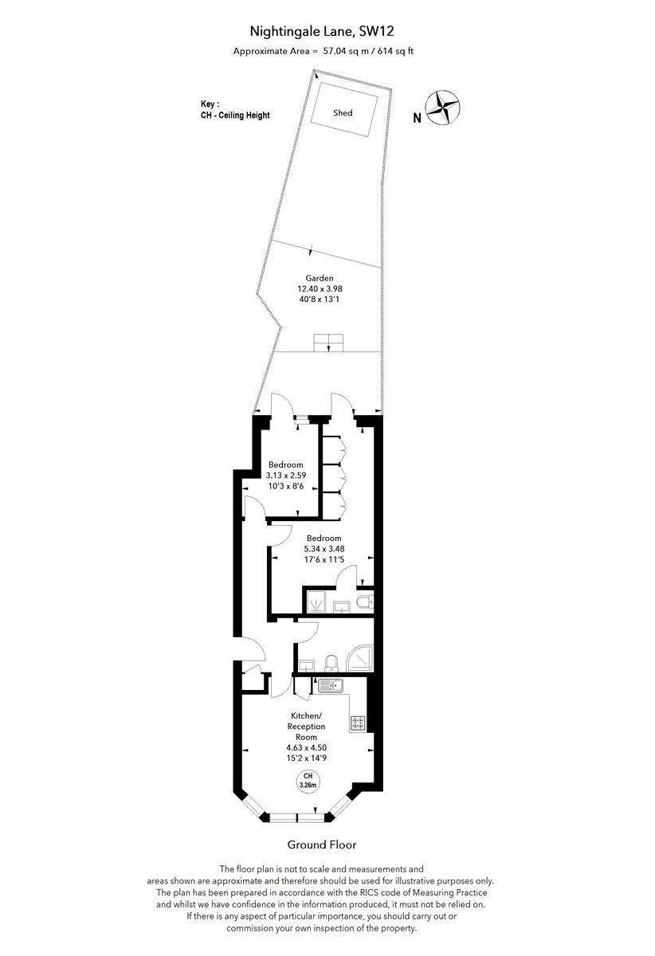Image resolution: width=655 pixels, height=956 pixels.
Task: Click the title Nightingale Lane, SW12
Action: (321, 32)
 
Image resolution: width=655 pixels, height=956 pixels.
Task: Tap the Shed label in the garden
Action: (343, 113)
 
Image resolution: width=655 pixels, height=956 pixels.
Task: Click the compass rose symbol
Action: (444, 108)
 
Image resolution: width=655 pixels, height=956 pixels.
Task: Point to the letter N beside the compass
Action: (418, 118)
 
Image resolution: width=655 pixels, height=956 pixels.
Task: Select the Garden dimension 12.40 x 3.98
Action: (320, 288)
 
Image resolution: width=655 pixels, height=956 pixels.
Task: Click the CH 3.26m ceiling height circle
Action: (308, 781)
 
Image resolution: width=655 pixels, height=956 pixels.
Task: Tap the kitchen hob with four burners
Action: (358, 723)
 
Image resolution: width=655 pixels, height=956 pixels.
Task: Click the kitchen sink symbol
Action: (331, 686)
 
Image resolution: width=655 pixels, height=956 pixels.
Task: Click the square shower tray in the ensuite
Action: (316, 602)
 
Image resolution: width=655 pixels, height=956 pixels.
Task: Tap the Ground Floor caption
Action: (321, 844)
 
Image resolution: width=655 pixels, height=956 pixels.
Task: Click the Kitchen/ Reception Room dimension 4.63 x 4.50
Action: (306, 748)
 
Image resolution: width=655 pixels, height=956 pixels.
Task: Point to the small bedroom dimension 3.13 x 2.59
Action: (285, 475)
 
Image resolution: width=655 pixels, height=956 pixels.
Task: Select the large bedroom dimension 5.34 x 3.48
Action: (324, 549)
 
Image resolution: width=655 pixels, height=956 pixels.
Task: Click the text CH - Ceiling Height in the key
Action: (235, 116)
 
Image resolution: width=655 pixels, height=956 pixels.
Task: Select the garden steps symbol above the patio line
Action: (328, 343)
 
